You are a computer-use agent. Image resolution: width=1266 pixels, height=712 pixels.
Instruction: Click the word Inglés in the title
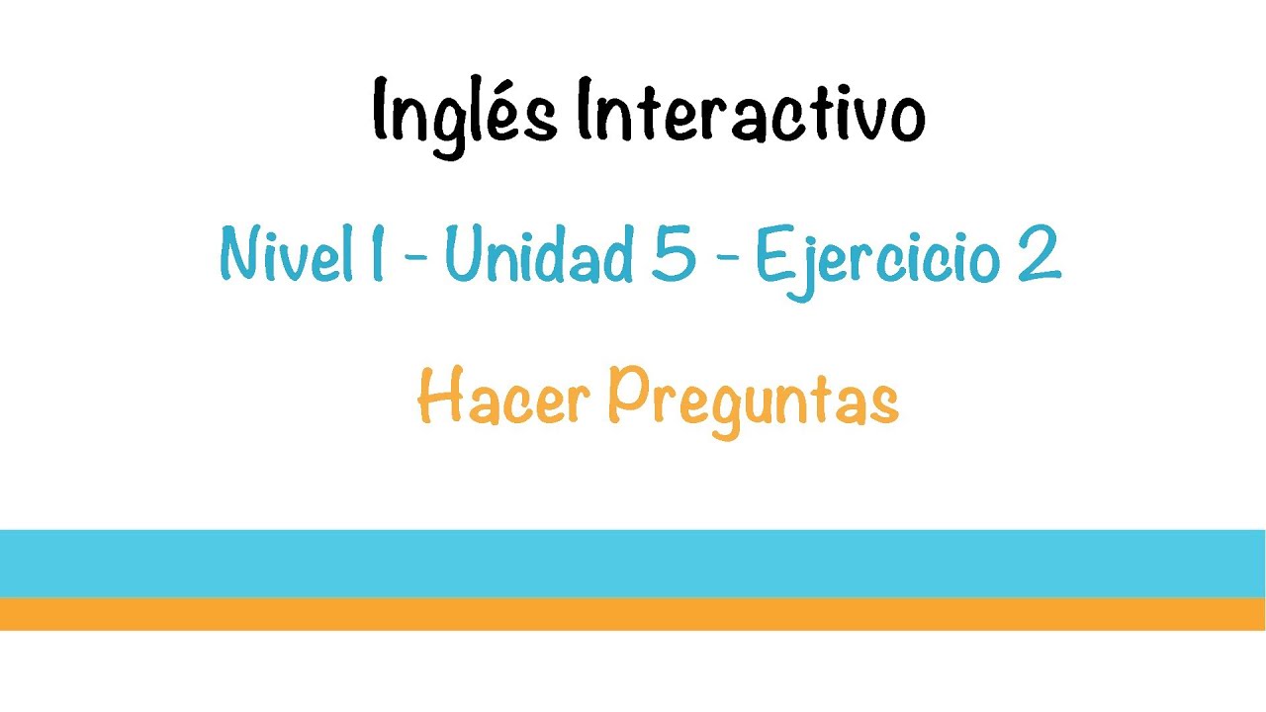(x=464, y=114)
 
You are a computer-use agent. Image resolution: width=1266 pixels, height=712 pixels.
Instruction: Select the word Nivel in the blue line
(x=287, y=255)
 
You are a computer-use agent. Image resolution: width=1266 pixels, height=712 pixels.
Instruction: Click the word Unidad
(x=538, y=255)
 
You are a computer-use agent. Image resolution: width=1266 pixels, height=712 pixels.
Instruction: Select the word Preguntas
(x=752, y=400)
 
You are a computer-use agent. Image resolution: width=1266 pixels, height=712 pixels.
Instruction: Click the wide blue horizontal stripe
(x=633, y=563)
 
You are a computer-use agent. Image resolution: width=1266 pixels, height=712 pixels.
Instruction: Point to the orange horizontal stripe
(x=633, y=614)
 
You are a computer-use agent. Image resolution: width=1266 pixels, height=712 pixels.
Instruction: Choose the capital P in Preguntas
(x=627, y=397)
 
